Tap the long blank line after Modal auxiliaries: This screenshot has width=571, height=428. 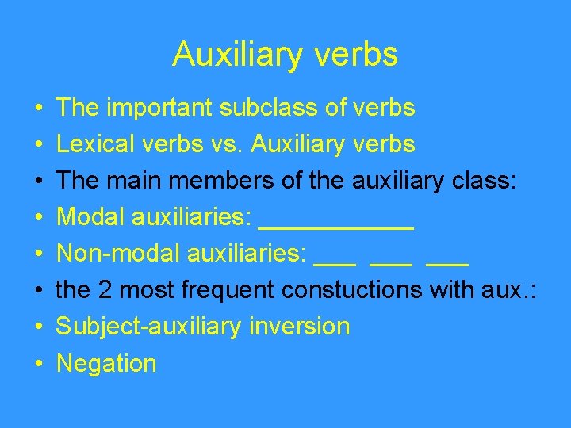(x=336, y=227)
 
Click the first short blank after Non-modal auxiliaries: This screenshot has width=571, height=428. (x=335, y=263)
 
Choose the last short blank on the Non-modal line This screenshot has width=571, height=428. (x=447, y=263)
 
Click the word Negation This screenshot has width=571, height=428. (x=107, y=364)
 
